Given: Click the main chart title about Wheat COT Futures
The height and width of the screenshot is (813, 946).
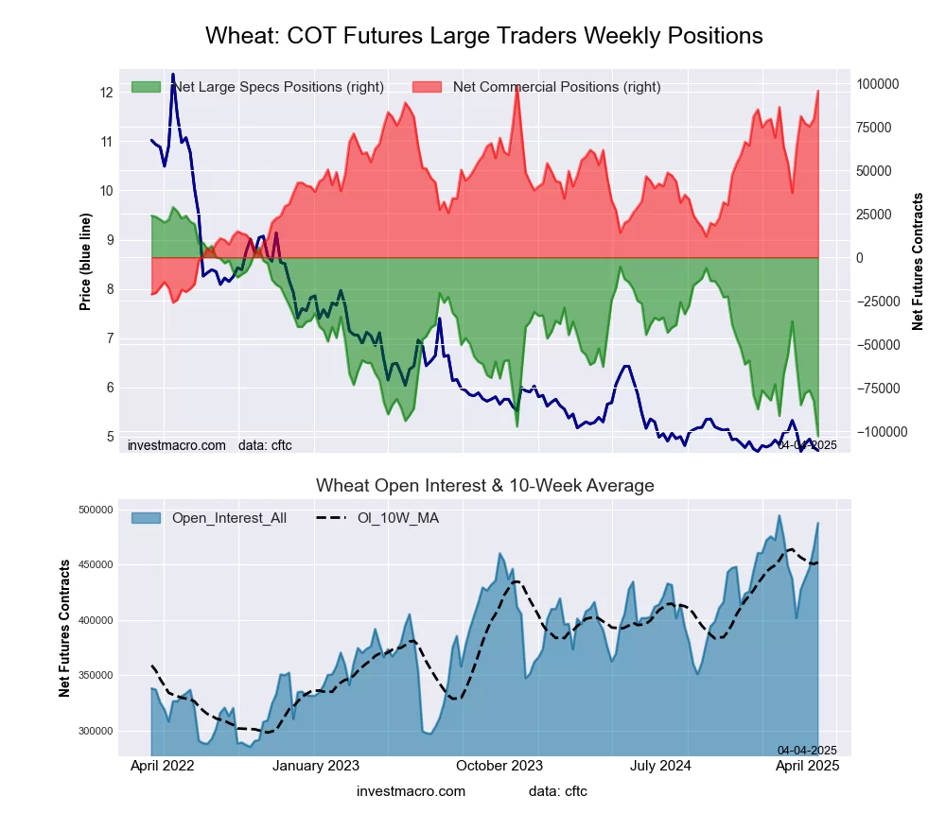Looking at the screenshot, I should pos(483,36).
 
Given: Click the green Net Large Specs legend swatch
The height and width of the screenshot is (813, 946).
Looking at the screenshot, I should pos(147,87).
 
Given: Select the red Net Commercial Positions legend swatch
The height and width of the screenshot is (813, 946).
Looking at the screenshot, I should pos(428,87).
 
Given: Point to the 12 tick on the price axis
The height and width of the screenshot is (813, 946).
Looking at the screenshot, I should pos(107,92).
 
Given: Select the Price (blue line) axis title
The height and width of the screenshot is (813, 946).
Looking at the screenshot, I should pos(85,262).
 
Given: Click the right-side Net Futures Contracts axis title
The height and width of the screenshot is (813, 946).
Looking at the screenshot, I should pos(918,262).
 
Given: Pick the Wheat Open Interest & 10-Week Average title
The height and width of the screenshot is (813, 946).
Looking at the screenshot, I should pos(484,486).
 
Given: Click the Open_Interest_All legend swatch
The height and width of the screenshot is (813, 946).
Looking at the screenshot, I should pos(147,518).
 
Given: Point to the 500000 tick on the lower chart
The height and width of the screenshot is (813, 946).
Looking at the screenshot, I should pos(95,510).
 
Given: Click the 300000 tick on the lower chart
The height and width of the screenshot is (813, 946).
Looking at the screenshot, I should pos(95,731).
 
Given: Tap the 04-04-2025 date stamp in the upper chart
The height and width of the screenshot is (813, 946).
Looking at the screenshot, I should pos(807,444).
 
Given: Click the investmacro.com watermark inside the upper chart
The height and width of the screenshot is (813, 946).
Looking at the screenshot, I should pos(177,444).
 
